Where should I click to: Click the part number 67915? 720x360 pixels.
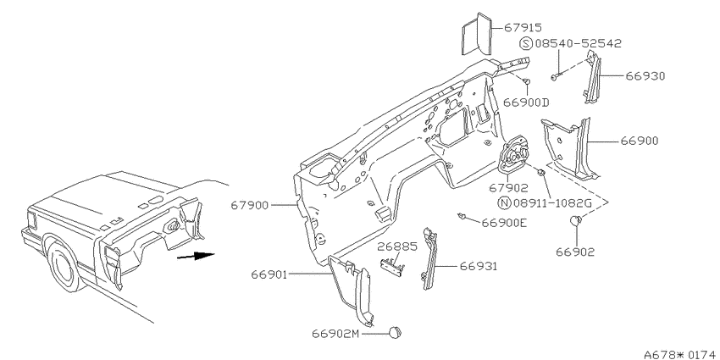tap(523, 28)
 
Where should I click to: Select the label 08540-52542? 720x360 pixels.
tap(578, 43)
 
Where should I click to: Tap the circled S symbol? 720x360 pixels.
tap(526, 43)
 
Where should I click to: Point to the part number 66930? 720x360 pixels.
tap(645, 75)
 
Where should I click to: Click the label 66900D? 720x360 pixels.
tap(526, 102)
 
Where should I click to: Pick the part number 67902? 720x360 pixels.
tap(508, 188)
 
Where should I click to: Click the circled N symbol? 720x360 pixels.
tap(504, 202)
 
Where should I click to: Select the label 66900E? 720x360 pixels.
tap(504, 223)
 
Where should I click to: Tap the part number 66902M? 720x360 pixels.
tap(335, 334)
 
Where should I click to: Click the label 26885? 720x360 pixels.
tap(397, 246)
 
